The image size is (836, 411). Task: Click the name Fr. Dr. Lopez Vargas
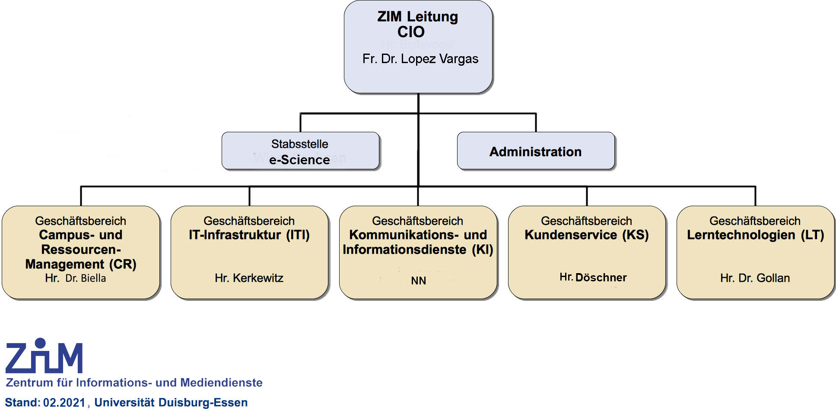point(420,59)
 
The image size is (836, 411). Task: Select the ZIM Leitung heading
point(417,17)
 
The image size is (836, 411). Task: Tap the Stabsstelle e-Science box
point(300,151)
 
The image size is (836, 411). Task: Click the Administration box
point(535,151)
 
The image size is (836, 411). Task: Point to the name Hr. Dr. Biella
point(76,278)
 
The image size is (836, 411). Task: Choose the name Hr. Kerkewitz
point(249,278)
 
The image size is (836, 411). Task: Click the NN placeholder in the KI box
point(418,280)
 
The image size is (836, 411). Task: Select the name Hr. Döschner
point(593,277)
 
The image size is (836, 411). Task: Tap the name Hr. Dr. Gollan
point(755,278)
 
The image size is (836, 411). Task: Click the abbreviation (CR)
point(123,264)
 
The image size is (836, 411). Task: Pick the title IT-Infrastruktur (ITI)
point(249,235)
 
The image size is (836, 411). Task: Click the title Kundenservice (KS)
point(586,235)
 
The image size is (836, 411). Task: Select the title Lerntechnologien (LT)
point(755,235)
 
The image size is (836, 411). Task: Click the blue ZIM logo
point(44,357)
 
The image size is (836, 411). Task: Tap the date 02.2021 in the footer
point(64,403)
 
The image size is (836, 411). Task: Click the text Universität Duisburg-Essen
point(171,403)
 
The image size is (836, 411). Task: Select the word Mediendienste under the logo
point(221,383)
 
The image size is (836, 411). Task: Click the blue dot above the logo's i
point(40,343)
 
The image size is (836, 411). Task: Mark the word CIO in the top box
point(411,32)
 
